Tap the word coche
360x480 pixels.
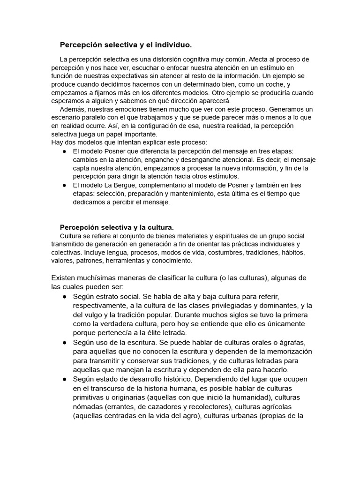(x=276, y=84)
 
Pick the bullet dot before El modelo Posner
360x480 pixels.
(x=64, y=151)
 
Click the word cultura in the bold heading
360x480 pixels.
(x=160, y=227)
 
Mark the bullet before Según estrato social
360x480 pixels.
(x=64, y=297)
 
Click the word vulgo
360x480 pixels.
(x=97, y=315)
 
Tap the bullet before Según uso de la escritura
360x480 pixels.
(x=64, y=343)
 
